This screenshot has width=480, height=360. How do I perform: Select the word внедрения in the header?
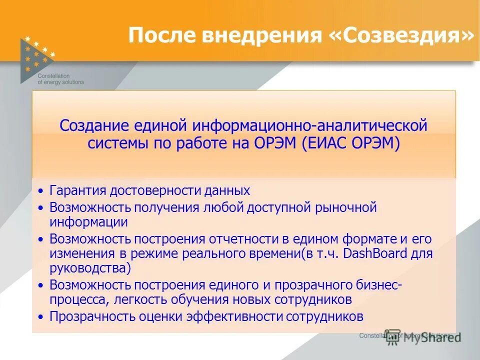(x=260, y=35)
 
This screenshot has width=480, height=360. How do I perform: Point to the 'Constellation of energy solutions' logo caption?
(x=60, y=78)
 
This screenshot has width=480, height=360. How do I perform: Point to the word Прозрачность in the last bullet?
(x=91, y=316)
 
